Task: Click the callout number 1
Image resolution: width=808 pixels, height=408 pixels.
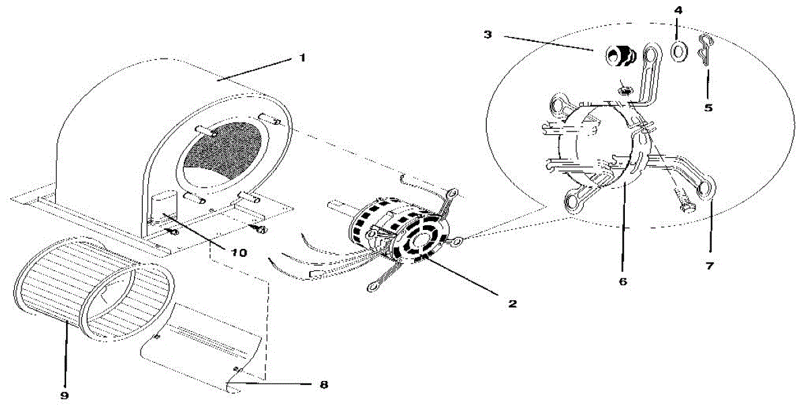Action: [x=302, y=58]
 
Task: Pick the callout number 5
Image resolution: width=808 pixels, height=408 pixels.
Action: [x=708, y=107]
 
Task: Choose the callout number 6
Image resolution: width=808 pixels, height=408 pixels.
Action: [x=623, y=281]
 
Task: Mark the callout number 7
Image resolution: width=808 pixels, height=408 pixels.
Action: [x=710, y=266]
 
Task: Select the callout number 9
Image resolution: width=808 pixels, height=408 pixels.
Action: [x=65, y=392]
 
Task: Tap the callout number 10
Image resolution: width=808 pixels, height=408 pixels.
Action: [x=240, y=252]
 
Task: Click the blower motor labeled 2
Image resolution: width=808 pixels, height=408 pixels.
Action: [x=397, y=229]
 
